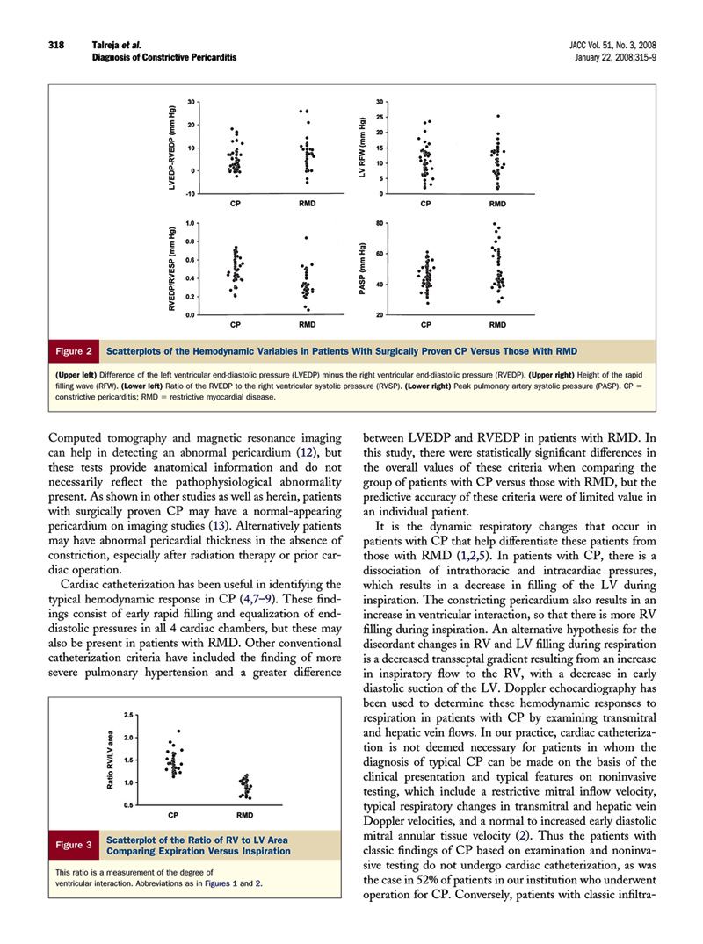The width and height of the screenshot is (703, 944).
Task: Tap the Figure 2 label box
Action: tap(76, 351)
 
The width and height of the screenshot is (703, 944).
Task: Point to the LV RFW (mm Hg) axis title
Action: tap(362, 148)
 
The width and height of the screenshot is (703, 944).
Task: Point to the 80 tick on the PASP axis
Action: tap(379, 224)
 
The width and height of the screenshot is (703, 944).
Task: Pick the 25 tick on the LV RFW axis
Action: tap(380, 117)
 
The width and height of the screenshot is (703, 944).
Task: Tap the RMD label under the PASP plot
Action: tap(497, 325)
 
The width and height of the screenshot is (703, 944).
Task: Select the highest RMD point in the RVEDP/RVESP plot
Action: tap(307, 238)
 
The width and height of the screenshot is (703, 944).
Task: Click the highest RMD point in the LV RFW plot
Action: tap(498, 116)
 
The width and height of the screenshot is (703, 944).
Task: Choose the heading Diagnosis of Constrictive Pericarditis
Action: tap(164, 57)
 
